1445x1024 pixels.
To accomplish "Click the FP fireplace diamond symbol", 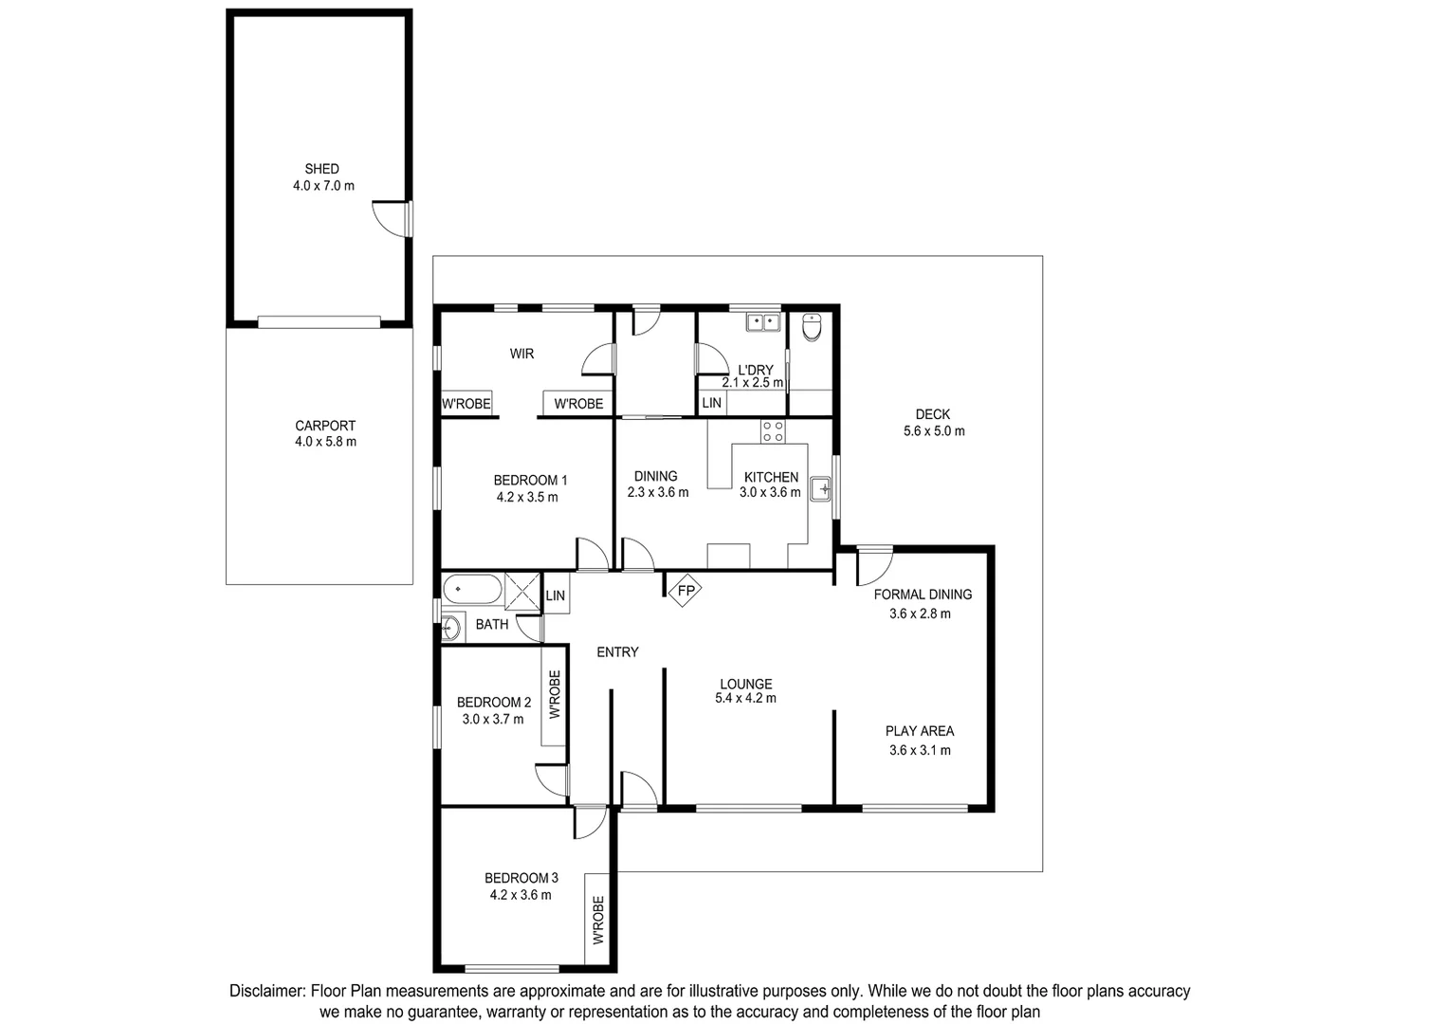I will tap(685, 592).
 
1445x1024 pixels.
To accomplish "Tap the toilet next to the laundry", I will tap(812, 327).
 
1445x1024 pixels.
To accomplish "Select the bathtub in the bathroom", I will tap(471, 589).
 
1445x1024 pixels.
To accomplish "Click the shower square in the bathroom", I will tap(521, 589).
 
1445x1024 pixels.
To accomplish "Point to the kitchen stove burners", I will tap(773, 431).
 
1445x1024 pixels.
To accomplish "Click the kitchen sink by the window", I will tap(820, 490).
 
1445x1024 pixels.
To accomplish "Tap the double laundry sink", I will tap(762, 322).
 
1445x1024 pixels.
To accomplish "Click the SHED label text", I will tap(321, 169).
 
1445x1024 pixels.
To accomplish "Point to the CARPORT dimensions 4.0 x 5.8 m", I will tap(324, 442).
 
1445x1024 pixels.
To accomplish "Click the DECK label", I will tap(932, 414).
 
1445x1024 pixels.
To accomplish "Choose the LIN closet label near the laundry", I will tap(711, 403).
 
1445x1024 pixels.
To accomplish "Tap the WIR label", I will tap(521, 354).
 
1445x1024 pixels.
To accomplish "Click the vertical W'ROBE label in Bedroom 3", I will tap(597, 920).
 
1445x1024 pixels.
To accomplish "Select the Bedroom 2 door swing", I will tap(552, 779).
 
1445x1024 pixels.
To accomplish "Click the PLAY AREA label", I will tap(919, 731).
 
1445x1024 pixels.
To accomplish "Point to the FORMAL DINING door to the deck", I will tap(874, 565).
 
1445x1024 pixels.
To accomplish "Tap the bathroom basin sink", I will tap(450, 627).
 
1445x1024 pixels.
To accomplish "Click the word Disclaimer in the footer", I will tap(267, 991).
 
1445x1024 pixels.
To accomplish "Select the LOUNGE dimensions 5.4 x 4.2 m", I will tap(745, 699).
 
